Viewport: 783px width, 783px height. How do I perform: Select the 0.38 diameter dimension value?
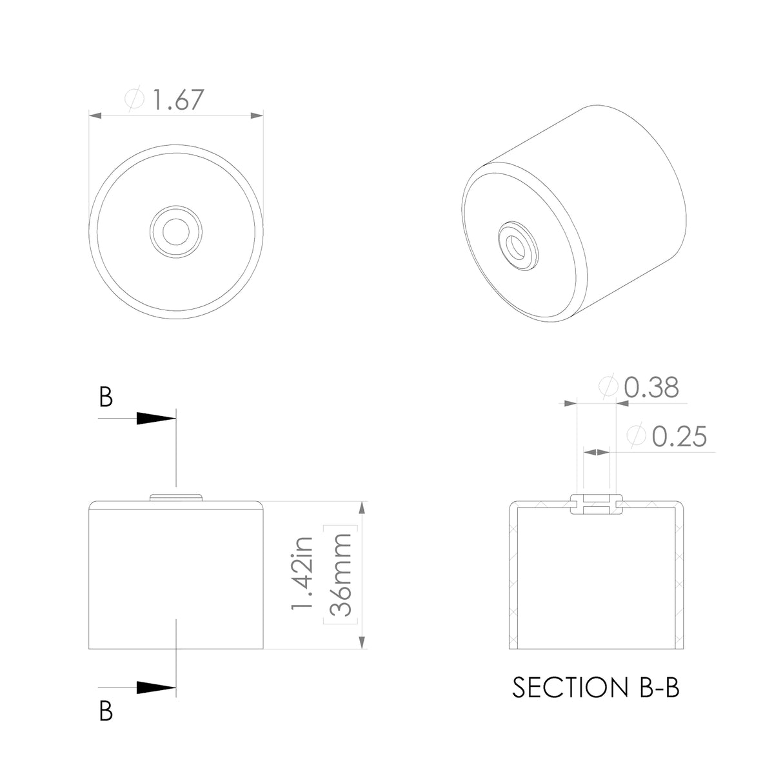651,388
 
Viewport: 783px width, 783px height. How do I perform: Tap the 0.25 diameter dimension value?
679,437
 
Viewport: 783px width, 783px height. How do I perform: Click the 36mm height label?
339,574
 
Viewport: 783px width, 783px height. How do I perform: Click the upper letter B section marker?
106,398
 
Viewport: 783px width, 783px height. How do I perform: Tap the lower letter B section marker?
106,711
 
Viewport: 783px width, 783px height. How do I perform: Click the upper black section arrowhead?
156,419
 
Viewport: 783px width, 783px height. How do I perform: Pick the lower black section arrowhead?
156,688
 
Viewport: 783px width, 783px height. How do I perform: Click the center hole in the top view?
175,231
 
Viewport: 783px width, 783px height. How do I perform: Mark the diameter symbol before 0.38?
608,388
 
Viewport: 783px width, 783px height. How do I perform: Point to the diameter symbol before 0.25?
636,437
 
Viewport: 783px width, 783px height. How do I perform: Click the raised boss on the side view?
176,497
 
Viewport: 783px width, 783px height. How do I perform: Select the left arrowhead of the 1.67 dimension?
95,115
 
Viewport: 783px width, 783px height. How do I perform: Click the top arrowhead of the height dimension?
362,508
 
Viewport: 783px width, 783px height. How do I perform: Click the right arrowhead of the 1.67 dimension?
257,115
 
